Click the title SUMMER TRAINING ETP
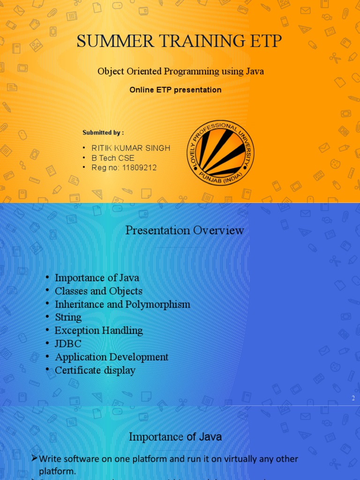[x=180, y=42]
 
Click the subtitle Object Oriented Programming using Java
[x=180, y=71]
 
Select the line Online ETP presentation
[x=175, y=90]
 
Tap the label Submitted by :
[x=103, y=133]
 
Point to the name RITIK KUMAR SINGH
[x=131, y=148]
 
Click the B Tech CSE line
[x=113, y=158]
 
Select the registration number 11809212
[x=139, y=168]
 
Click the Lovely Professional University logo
[x=220, y=153]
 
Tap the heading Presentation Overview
[x=185, y=230]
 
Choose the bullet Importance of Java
[x=97, y=278]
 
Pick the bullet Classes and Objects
[x=98, y=291]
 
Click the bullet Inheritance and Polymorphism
[x=122, y=304]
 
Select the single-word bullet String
[x=68, y=317]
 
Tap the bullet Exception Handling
[x=99, y=330]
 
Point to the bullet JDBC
[x=68, y=344]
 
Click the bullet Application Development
[x=112, y=357]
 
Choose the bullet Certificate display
[x=95, y=370]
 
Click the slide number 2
[x=353, y=398]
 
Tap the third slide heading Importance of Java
[x=175, y=437]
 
